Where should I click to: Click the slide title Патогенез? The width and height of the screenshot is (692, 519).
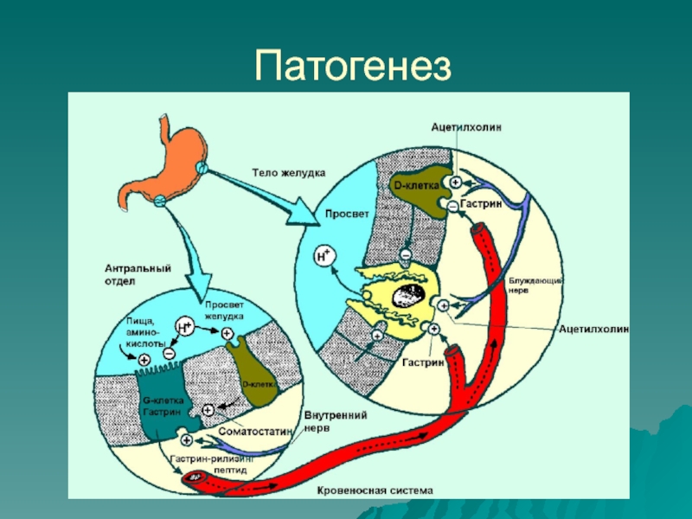(354, 64)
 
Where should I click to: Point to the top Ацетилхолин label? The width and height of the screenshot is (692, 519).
(466, 127)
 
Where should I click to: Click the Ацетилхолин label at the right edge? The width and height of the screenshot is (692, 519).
(593, 330)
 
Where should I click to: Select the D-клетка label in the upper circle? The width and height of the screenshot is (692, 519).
(416, 186)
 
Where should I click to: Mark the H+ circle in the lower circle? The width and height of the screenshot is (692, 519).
(184, 326)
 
